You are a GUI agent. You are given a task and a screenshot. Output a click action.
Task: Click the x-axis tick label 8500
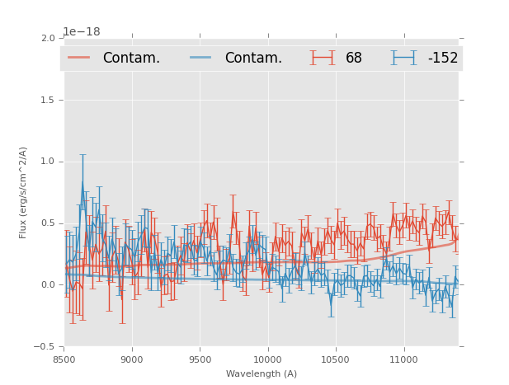tap(64, 359)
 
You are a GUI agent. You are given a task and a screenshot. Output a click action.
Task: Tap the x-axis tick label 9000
tap(132, 359)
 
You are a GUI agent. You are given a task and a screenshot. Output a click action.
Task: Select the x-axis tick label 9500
tap(200, 359)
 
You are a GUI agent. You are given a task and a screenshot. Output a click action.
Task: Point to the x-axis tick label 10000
tap(267, 359)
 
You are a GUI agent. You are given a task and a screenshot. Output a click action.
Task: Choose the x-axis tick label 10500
tap(336, 359)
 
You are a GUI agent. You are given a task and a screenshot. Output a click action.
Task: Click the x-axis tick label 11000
tap(403, 359)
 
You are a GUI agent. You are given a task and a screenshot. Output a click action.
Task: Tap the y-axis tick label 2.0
tap(48, 39)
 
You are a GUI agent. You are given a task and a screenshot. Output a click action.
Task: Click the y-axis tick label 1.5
tap(48, 101)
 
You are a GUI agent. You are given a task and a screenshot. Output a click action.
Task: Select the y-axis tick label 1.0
tap(48, 162)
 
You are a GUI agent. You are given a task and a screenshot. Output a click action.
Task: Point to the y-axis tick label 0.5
tap(48, 223)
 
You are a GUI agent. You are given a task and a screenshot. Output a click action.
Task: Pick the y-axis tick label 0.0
tap(48, 285)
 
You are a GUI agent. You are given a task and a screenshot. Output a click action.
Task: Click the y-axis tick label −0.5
tap(45, 347)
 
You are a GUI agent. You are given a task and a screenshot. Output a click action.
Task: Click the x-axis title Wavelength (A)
tap(262, 373)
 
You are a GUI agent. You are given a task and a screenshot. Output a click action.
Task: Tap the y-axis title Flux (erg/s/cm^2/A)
tap(24, 193)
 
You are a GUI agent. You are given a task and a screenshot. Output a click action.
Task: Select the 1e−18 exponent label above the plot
tap(82, 32)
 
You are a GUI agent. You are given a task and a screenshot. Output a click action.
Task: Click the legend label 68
tap(354, 58)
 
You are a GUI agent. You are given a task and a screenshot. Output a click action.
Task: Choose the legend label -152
tap(442, 58)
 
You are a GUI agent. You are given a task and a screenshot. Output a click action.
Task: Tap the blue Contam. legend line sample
tap(201, 58)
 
